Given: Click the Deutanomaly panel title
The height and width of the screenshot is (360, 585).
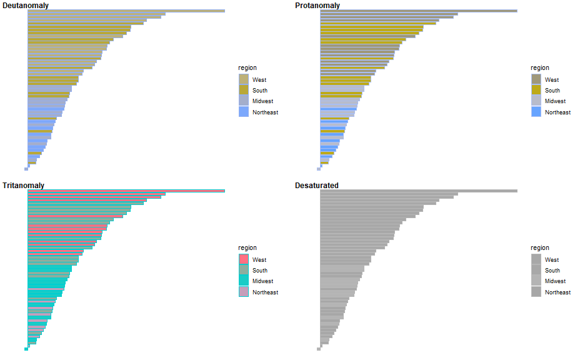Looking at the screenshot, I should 26,6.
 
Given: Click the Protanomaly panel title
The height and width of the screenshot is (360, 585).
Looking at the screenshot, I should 317,6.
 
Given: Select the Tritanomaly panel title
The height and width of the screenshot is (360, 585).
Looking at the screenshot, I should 23,186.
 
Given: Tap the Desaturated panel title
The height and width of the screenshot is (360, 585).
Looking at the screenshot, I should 317,186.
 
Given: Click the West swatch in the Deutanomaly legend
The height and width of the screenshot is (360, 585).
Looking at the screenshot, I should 244,79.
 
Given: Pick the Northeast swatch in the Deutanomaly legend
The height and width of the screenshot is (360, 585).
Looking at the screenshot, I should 244,112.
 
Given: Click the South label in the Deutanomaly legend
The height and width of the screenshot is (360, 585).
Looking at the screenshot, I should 260,91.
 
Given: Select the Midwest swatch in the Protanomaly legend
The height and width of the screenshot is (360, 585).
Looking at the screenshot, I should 536,101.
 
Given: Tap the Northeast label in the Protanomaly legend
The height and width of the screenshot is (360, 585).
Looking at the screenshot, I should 557,112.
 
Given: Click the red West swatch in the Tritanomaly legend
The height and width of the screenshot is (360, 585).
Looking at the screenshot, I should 244,259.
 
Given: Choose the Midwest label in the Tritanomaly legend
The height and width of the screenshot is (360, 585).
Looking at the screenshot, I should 262,281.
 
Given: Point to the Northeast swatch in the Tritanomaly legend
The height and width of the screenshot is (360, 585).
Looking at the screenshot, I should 244,292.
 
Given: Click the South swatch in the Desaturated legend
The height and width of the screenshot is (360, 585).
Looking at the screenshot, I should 536,271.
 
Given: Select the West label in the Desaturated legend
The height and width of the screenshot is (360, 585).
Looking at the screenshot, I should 552,260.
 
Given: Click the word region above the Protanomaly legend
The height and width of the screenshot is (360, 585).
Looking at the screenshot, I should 540,68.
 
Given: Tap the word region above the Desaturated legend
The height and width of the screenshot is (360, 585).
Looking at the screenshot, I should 540,248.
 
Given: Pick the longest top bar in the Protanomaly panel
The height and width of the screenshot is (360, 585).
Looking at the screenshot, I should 419,11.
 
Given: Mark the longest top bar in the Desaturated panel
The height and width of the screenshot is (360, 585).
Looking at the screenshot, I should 419,191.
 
